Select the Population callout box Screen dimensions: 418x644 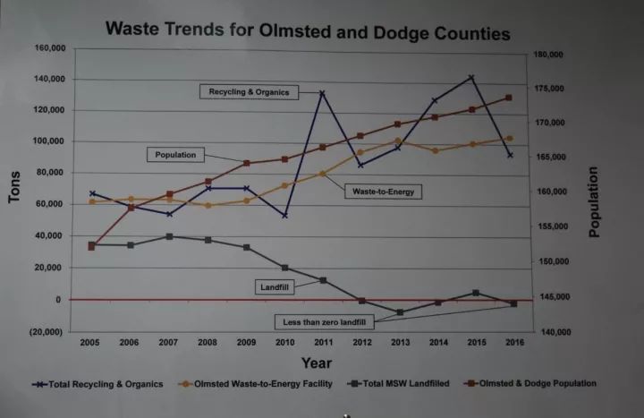[175, 155]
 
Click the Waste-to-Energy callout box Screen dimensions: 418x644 [382, 191]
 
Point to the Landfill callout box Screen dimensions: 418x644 [275, 286]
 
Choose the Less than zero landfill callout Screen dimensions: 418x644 [325, 320]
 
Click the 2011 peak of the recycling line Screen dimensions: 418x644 [322, 93]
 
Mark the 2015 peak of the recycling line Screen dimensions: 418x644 [471, 78]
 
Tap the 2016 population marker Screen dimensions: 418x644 [508, 98]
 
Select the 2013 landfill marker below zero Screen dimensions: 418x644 [399, 312]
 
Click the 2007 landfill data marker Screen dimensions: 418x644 [170, 236]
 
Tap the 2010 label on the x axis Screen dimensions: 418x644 [285, 343]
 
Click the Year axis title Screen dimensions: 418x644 [317, 363]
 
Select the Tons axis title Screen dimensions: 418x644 [15, 187]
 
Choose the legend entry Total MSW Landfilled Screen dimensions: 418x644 [400, 384]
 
